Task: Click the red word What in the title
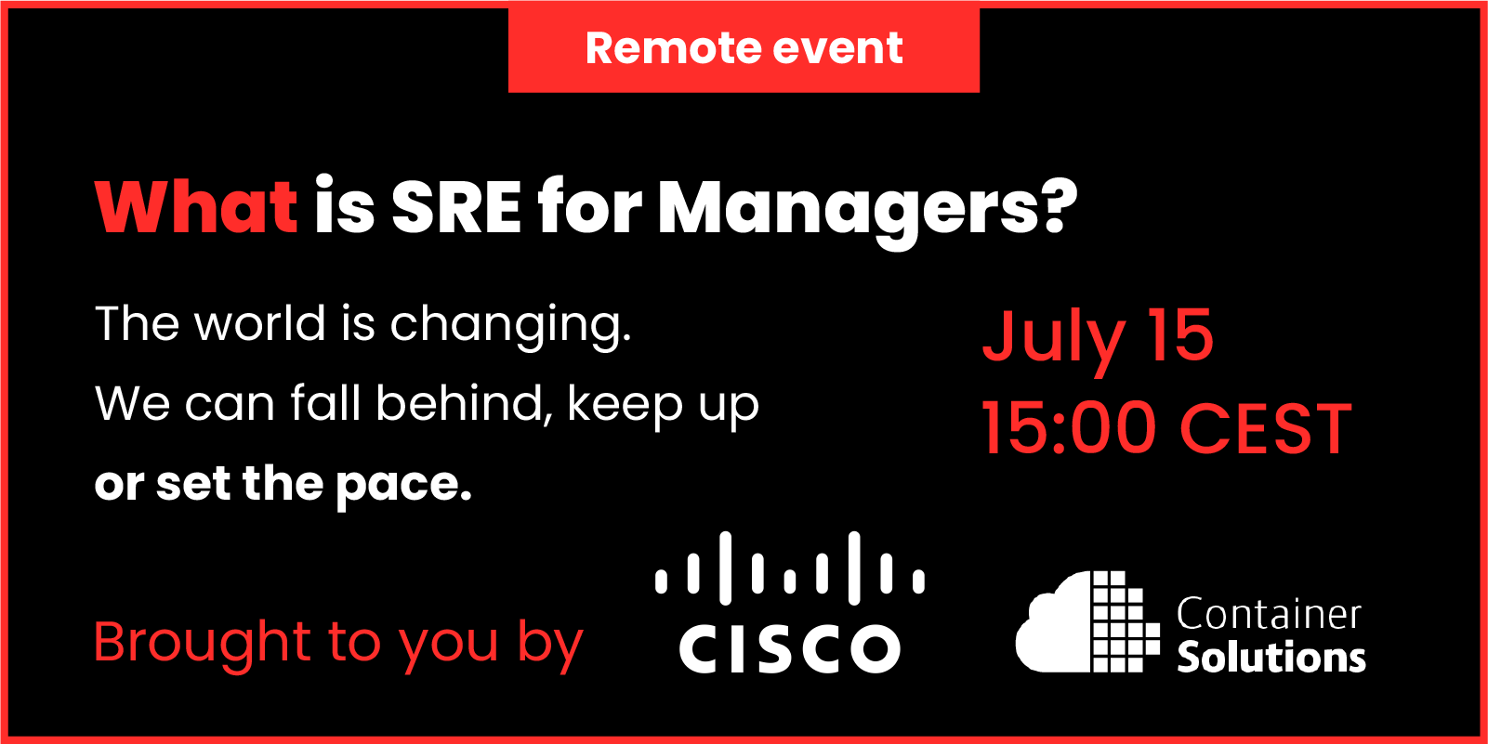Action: tap(196, 207)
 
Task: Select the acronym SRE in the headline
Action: tap(456, 207)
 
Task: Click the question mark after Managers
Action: tap(1059, 206)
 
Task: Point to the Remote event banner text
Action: tap(744, 47)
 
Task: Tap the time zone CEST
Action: tap(1266, 429)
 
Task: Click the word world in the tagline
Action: tap(260, 323)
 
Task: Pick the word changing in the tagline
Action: tap(510, 327)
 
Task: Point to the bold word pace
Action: tap(404, 487)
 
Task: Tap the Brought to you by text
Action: tap(338, 644)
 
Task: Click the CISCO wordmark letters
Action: tap(790, 647)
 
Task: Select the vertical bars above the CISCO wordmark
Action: tap(790, 568)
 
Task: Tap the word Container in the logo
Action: tap(1269, 614)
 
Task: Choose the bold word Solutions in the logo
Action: tap(1271, 657)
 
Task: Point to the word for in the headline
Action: tap(590, 207)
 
